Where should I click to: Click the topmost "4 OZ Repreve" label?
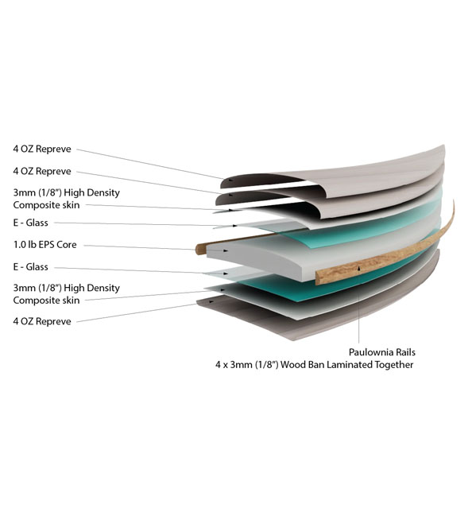tap(42, 149)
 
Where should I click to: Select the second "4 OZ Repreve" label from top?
tap(42, 171)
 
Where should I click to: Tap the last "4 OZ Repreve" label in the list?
tap(42, 321)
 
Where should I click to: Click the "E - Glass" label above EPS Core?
tap(31, 223)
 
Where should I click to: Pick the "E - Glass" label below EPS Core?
tap(31, 267)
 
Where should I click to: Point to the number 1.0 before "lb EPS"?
tap(19, 245)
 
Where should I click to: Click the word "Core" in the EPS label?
tap(67, 245)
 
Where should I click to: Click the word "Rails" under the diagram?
tap(405, 352)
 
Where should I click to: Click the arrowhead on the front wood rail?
tap(359, 269)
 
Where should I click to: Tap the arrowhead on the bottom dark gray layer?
tap(211, 302)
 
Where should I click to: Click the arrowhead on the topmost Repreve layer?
tap(231, 180)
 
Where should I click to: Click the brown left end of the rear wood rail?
tap(199, 249)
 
